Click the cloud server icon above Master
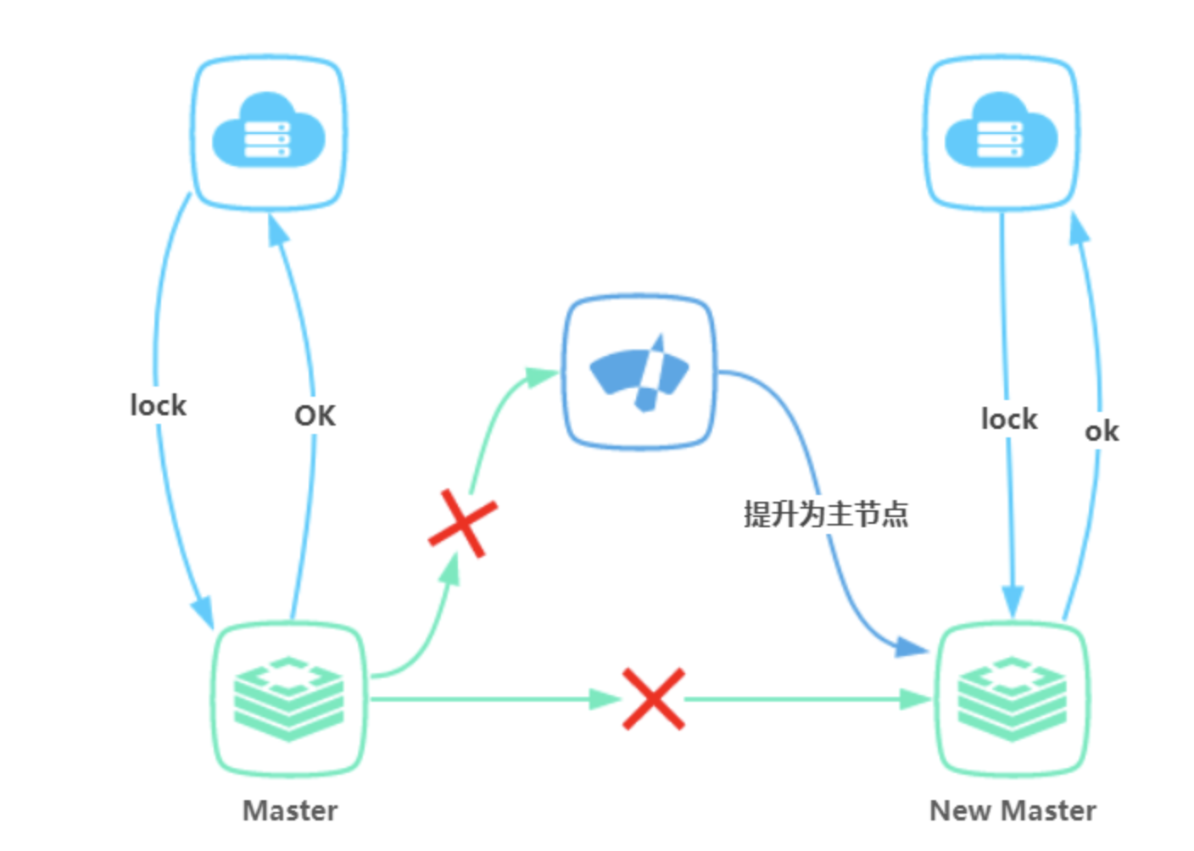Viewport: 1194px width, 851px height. point(269,131)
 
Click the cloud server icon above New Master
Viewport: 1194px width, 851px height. point(1001,131)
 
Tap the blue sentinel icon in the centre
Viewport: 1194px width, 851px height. point(639,372)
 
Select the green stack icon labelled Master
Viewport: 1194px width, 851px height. point(288,698)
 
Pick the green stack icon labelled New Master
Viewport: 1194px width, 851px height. point(1012,698)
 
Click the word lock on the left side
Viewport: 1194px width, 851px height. point(158,405)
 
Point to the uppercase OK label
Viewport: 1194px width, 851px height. point(315,416)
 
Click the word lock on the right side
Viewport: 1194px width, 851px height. point(1009,419)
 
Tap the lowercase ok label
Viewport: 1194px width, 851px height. point(1102,431)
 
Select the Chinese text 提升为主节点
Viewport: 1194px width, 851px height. point(825,514)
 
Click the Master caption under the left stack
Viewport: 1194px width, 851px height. point(290,811)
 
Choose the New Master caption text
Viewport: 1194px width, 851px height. point(1013,811)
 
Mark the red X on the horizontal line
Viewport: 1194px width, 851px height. point(653,698)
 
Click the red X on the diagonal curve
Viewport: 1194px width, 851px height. point(462,523)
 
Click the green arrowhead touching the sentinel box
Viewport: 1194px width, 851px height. point(540,375)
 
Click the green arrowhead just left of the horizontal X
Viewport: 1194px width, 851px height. point(605,699)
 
